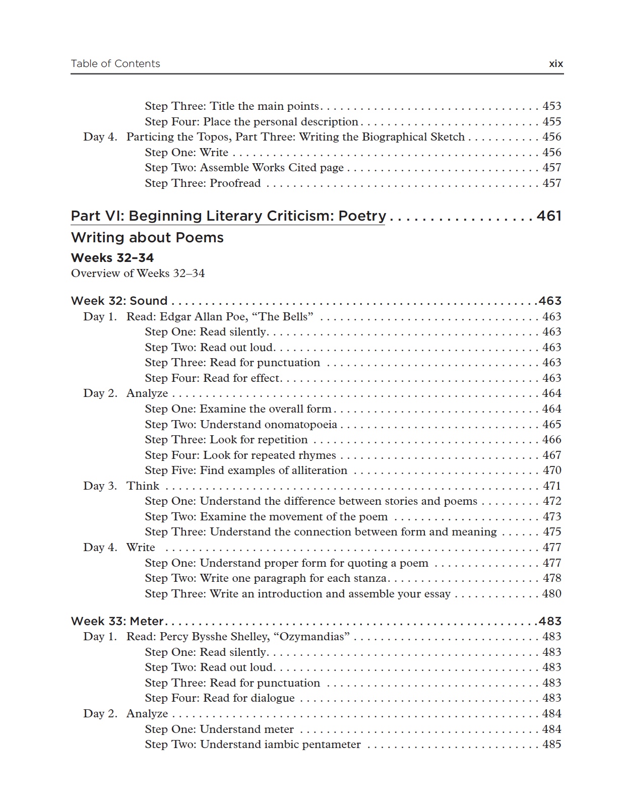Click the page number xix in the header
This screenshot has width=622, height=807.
[555, 64]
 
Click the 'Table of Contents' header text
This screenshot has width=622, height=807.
[115, 63]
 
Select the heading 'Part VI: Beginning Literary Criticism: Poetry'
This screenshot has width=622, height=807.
[228, 216]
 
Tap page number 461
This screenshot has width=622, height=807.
[549, 216]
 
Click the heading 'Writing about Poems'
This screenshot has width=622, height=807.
[147, 238]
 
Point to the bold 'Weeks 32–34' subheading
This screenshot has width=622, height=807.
[112, 258]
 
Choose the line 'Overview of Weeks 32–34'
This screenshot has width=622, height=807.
[138, 274]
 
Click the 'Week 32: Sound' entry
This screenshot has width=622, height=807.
[119, 301]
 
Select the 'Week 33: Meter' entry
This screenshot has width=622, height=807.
[117, 622]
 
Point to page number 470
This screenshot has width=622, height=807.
[551, 470]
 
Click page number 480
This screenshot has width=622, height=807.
[551, 594]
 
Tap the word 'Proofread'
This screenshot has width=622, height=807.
[235, 183]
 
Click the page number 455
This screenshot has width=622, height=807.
[551, 122]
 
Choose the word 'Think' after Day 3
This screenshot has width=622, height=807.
[143, 486]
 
